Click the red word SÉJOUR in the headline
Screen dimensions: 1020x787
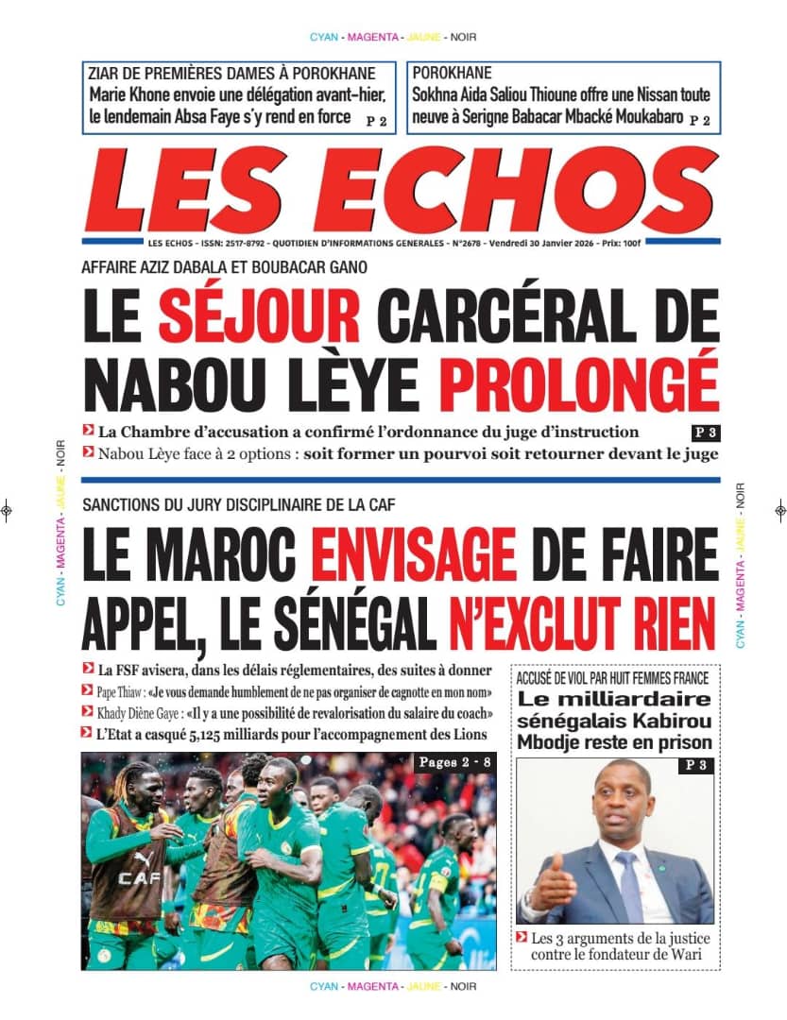259,315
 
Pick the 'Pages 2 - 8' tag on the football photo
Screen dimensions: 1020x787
452,763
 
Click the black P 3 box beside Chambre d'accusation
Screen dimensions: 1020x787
705,433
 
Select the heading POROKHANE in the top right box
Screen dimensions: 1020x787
452,73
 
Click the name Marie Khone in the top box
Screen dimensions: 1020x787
130,94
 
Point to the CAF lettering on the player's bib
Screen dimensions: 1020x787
139,878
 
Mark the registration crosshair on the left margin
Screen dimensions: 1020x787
7,510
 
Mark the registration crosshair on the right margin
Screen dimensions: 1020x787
779,510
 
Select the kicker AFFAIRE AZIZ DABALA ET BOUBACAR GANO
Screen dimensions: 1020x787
225,267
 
